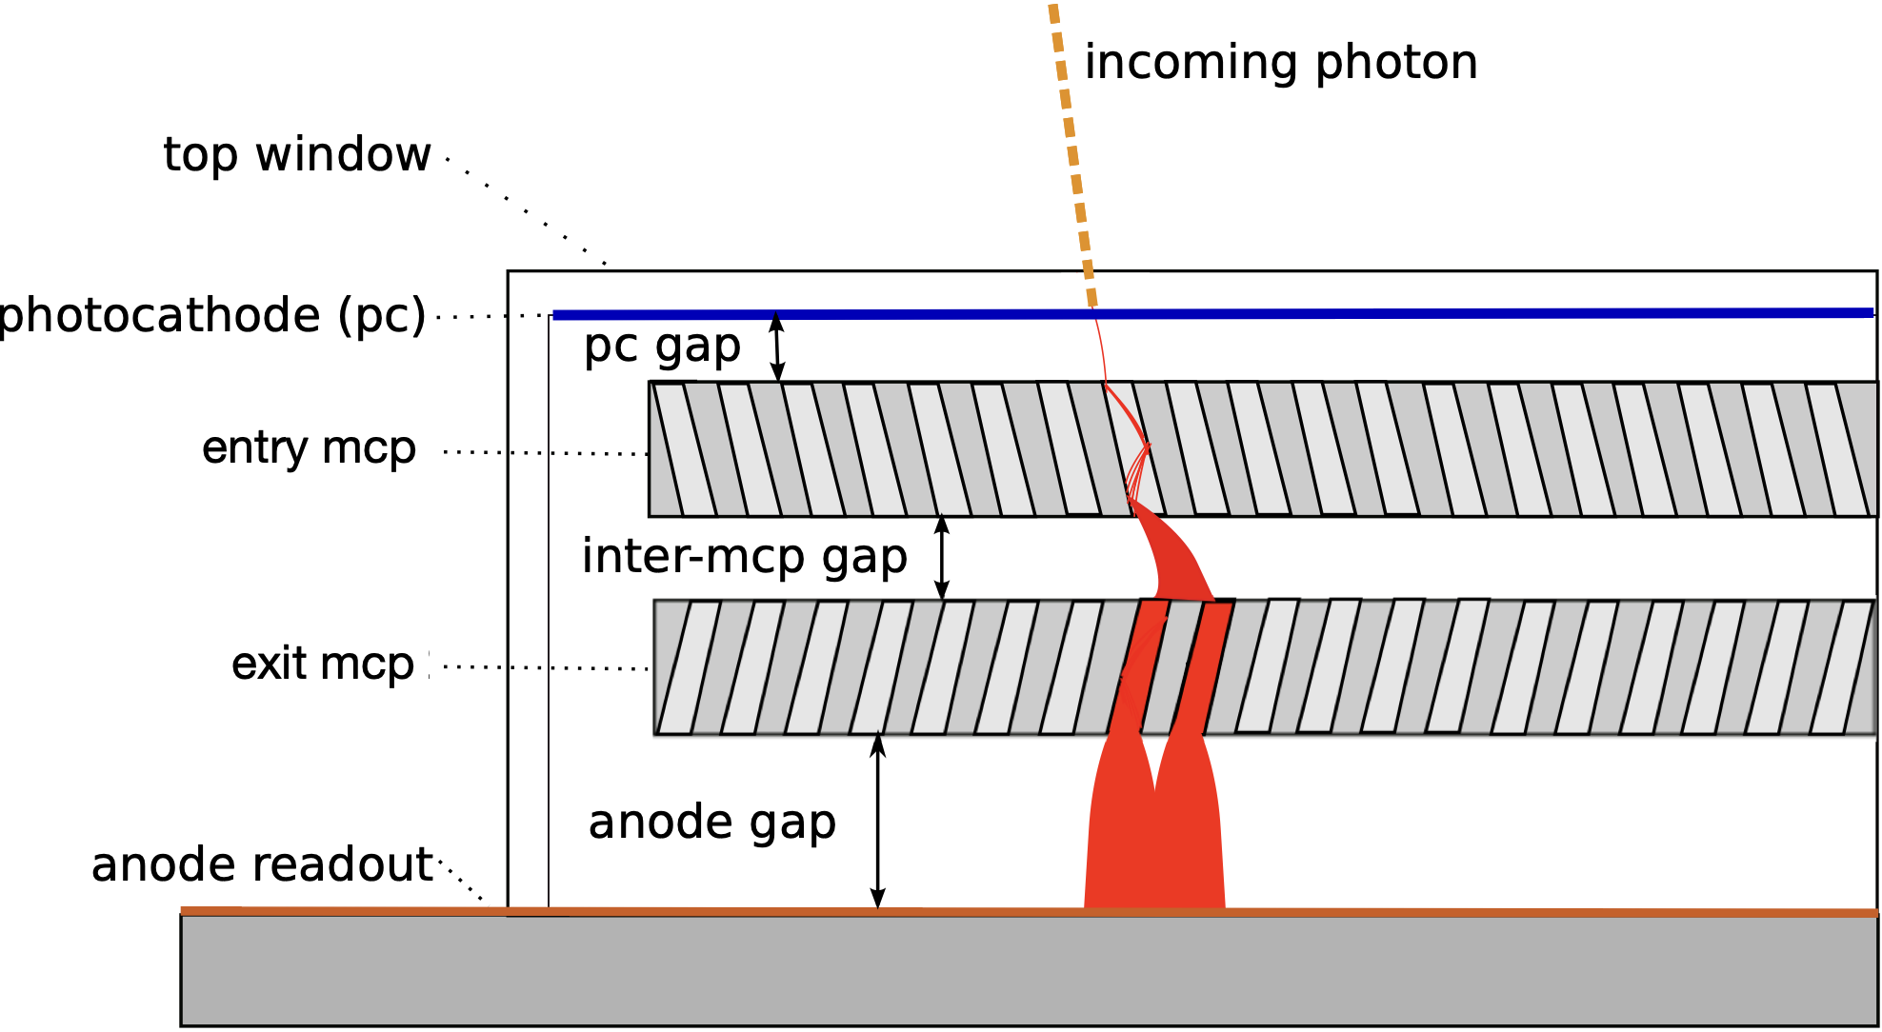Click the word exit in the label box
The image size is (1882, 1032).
pyautogui.click(x=268, y=663)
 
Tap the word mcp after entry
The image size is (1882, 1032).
pyautogui.click(x=369, y=447)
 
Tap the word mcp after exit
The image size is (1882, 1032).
pyautogui.click(x=369, y=663)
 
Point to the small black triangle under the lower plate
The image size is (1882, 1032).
pyautogui.click(x=877, y=738)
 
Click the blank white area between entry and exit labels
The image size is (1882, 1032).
pyautogui.click(x=291, y=557)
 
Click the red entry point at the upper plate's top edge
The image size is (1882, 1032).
pyautogui.click(x=1106, y=384)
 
